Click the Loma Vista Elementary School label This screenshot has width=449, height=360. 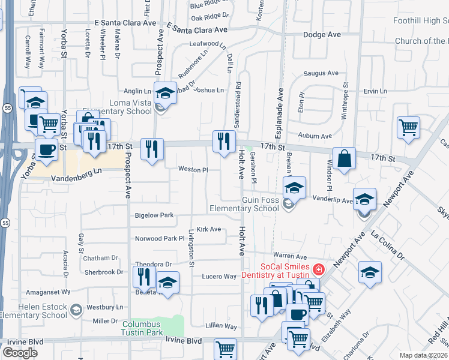(130, 107)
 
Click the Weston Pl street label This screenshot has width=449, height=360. (193, 170)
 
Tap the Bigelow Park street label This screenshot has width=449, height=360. (154, 215)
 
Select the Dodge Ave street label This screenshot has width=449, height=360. (322, 35)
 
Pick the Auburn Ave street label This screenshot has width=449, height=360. (318, 136)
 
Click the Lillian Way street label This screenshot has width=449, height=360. (221, 326)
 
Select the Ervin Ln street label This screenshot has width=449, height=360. (375, 91)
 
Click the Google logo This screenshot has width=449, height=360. (20, 353)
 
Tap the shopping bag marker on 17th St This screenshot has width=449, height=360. (344, 159)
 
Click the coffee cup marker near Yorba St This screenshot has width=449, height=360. (46, 149)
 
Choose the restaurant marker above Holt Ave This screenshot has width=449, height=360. (224, 142)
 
